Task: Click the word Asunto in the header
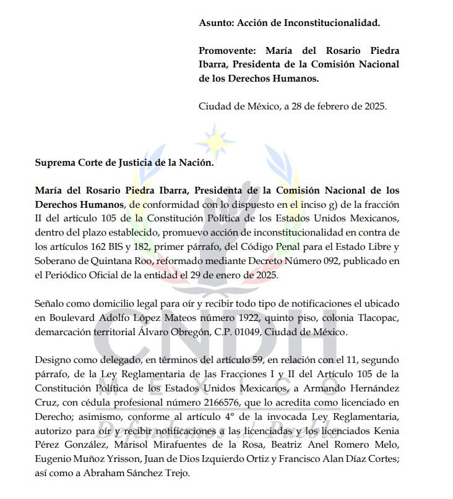tap(214, 23)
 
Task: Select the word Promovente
tap(227, 50)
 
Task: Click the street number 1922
tap(244, 318)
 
